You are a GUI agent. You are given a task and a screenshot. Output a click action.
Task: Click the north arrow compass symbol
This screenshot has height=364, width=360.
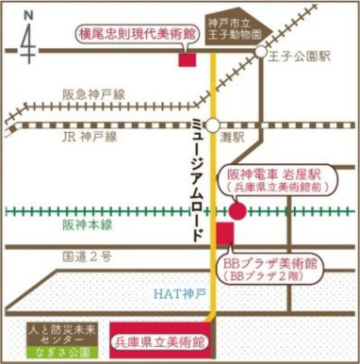tap(27, 36)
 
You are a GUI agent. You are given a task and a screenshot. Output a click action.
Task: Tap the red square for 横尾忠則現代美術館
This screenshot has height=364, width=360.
tap(188, 58)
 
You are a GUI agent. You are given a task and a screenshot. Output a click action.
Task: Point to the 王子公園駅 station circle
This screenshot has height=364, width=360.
tap(261, 52)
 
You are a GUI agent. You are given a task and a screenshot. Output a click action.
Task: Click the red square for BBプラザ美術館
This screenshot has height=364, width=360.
tap(225, 233)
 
